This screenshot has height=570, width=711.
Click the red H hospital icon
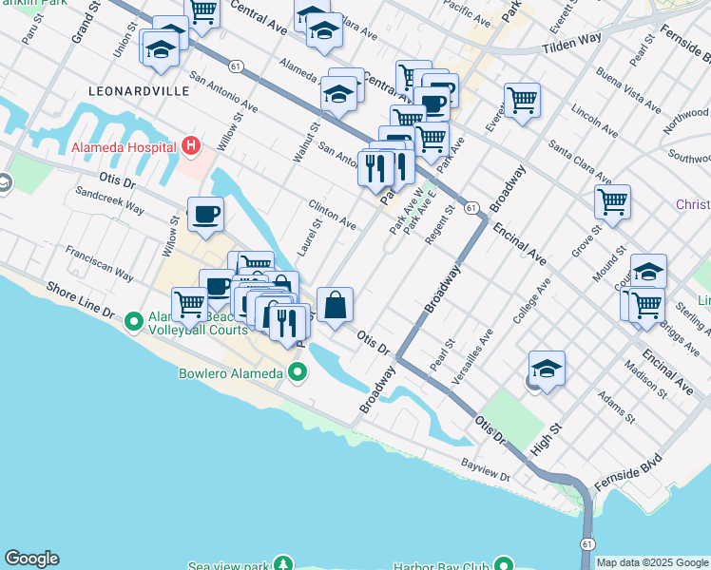(x=191, y=147)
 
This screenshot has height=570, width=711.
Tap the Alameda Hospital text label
(x=124, y=148)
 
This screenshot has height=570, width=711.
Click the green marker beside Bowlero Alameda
(x=298, y=373)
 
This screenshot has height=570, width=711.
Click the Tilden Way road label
(x=572, y=43)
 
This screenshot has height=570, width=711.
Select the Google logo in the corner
(x=31, y=559)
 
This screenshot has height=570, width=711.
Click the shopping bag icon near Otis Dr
(x=335, y=306)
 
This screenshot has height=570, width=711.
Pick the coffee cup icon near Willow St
(x=205, y=215)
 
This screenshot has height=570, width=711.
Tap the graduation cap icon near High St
(x=548, y=369)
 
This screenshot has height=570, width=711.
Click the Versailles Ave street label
(x=472, y=354)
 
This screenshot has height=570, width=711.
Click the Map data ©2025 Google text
(x=653, y=562)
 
